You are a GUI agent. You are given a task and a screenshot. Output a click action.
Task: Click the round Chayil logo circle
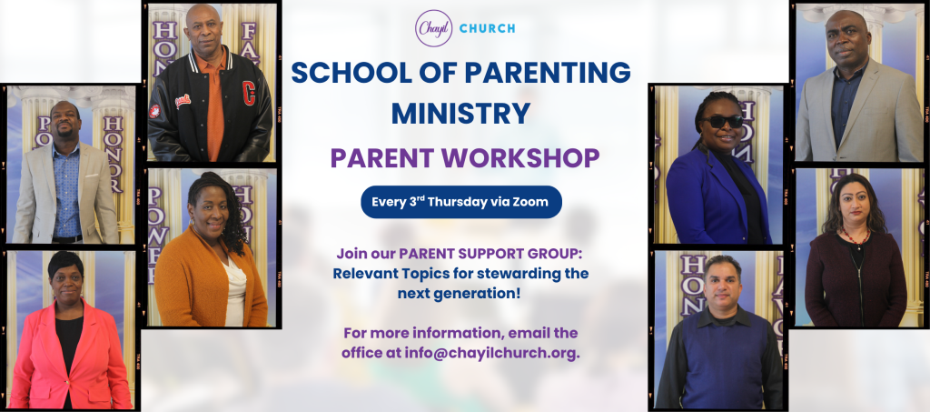[x=433, y=28]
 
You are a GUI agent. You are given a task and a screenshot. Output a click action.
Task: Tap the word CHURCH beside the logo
[x=487, y=28]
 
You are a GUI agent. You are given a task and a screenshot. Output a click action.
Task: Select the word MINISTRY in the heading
[x=460, y=113]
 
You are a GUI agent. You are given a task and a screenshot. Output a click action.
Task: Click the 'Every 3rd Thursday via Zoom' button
[x=461, y=202]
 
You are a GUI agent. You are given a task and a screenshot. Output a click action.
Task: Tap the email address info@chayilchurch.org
[x=491, y=353]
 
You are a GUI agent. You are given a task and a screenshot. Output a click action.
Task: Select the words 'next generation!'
[x=459, y=293]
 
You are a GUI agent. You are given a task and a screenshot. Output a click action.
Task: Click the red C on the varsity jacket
[x=249, y=93]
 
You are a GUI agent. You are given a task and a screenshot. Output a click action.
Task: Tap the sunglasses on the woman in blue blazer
[x=723, y=121]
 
